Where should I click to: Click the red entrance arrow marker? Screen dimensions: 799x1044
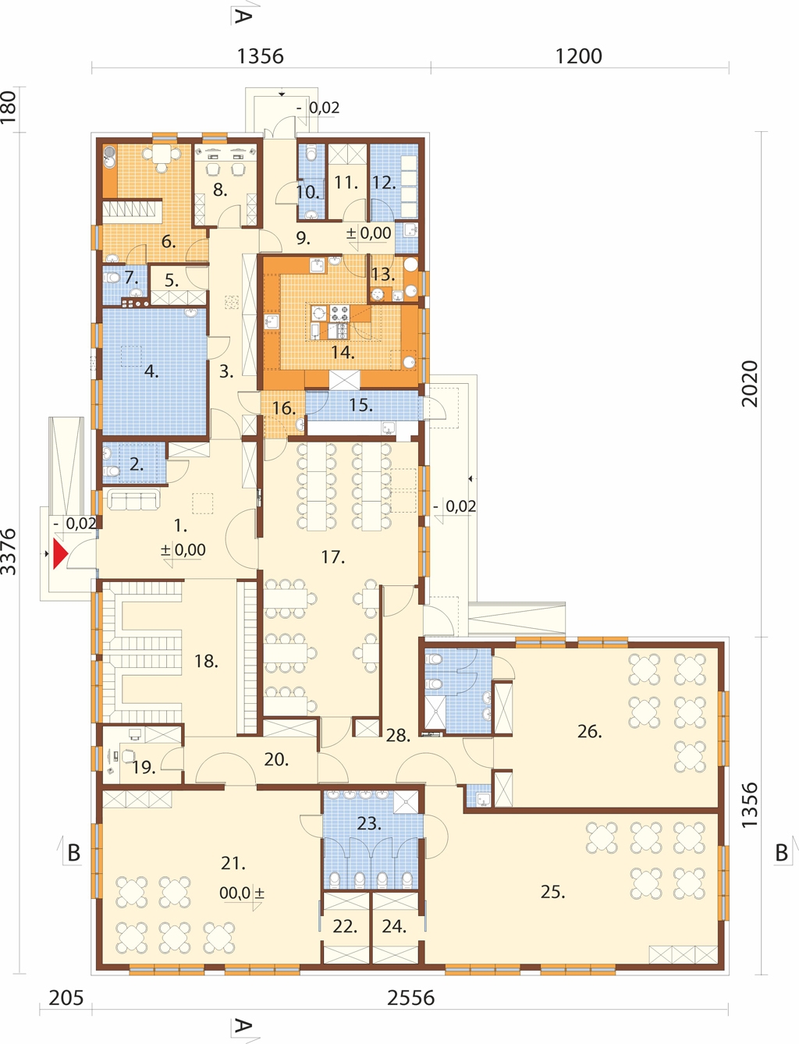pos(60,554)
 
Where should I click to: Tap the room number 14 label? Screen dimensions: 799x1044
pos(343,353)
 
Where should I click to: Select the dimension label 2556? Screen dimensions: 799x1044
pos(411,998)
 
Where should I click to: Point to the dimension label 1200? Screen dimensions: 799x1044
pos(579,56)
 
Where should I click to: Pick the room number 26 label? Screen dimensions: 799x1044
pos(590,732)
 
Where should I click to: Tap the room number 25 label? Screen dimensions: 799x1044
pos(552,893)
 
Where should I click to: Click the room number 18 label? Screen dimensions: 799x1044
pos(206,661)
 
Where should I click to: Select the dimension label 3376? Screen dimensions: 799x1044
pos(9,552)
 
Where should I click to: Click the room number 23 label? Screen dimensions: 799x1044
pos(368,823)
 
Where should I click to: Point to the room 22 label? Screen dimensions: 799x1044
pos(345,926)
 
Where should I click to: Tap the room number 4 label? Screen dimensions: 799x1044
pos(151,371)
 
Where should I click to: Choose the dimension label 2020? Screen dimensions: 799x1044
pos(750,383)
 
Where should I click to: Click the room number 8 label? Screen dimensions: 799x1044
pos(219,190)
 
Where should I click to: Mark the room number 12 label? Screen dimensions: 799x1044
pos(384,183)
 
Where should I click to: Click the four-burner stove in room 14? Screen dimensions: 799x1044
pos(339,314)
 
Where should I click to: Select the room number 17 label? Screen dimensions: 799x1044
pos(332,557)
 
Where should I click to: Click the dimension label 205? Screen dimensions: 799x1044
pos(66,998)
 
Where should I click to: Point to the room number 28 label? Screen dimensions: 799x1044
pos(398,736)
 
